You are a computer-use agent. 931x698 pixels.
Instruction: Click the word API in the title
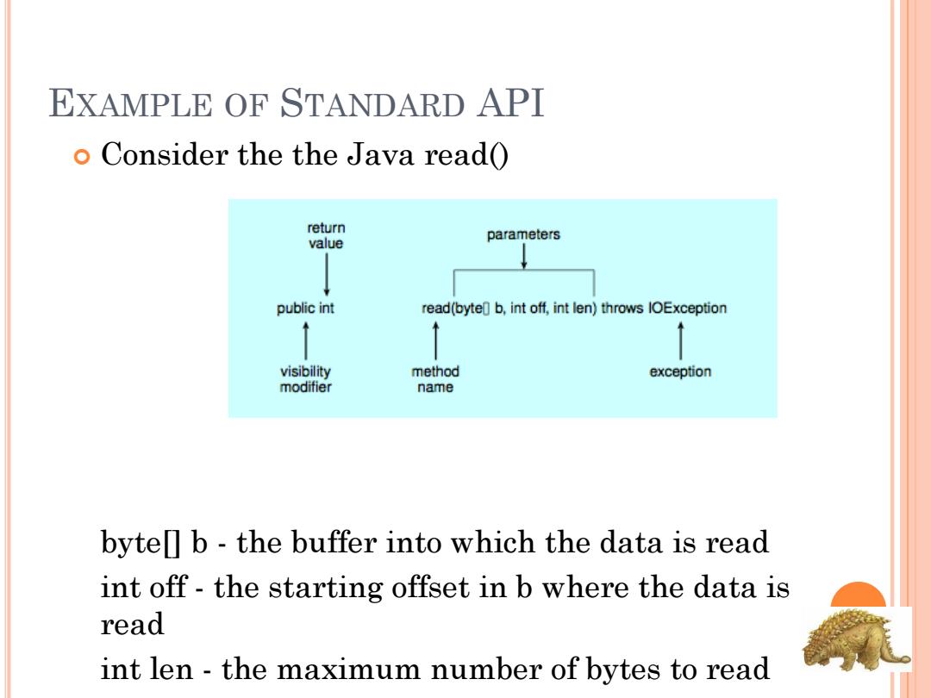click(x=510, y=103)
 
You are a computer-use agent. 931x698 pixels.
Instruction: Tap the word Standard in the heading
click(x=372, y=103)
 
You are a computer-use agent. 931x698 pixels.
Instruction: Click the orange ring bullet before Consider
click(x=82, y=157)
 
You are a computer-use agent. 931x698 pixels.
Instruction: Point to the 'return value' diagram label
click(x=326, y=235)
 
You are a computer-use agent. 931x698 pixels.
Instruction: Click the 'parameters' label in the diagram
click(x=523, y=234)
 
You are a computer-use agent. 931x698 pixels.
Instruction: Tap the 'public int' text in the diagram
click(x=305, y=308)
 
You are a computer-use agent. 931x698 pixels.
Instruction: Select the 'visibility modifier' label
click(x=305, y=378)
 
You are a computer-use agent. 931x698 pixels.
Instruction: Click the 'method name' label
click(x=435, y=378)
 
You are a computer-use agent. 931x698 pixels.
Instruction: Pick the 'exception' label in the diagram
click(x=680, y=371)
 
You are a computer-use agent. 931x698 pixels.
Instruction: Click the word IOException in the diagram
click(x=688, y=308)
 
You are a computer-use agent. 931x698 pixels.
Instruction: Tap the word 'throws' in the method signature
click(x=622, y=308)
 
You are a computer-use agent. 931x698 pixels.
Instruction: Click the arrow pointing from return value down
click(x=327, y=274)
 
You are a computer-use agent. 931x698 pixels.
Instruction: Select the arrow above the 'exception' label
click(x=680, y=340)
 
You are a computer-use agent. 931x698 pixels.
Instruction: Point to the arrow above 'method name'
click(x=436, y=340)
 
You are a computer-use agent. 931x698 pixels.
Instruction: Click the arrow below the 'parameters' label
click(x=524, y=257)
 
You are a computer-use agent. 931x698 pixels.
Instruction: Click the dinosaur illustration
click(x=855, y=639)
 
